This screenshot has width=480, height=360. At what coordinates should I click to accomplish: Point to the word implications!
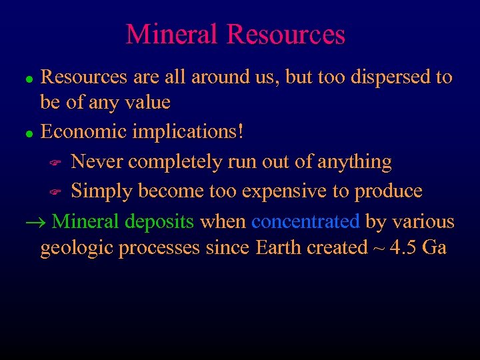188,132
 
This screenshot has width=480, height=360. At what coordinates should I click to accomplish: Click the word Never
98,162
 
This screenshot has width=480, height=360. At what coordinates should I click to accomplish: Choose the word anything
355,162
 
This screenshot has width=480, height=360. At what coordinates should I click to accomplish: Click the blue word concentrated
305,221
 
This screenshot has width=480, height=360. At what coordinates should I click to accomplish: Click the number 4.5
403,248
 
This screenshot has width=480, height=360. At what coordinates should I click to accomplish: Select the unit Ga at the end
434,248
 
